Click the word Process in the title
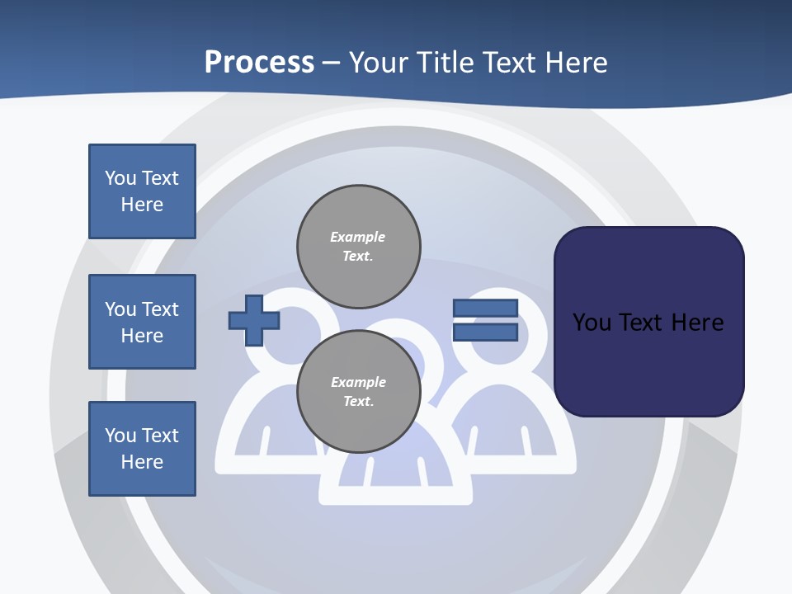[259, 63]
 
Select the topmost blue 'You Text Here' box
[142, 191]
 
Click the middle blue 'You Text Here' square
[142, 322]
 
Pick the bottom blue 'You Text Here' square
[142, 449]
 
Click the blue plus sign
[254, 320]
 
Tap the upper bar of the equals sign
[485, 309]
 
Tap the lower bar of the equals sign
[485, 332]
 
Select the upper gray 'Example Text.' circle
[359, 247]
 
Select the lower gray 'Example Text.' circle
[359, 392]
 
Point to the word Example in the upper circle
[357, 237]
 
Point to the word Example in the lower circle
[358, 382]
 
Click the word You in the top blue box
[120, 178]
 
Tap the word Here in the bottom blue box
[142, 462]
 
